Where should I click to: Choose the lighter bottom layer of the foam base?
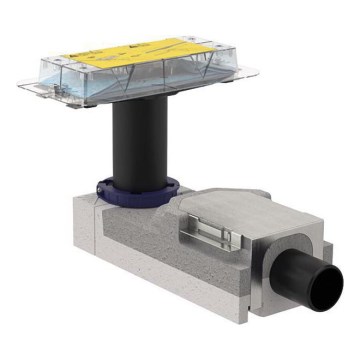(180, 300)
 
